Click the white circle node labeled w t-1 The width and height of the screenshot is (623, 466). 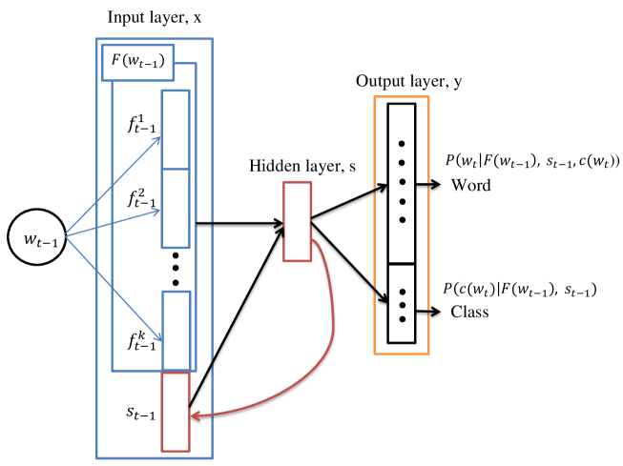(x=36, y=238)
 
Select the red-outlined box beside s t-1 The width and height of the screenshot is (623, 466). (x=176, y=411)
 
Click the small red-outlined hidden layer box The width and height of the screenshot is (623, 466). (x=297, y=221)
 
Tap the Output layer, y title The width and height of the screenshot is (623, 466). (x=408, y=81)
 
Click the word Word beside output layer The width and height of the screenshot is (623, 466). (x=471, y=186)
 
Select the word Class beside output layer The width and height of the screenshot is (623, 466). (x=470, y=313)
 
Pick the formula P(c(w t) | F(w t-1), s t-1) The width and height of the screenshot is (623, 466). (x=514, y=289)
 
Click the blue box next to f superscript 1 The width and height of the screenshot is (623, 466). (x=176, y=129)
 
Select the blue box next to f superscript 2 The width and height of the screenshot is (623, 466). (x=176, y=208)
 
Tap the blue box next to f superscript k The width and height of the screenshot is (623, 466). (x=176, y=330)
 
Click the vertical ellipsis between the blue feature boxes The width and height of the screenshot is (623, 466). (x=176, y=269)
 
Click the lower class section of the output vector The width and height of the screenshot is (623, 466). (x=402, y=304)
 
